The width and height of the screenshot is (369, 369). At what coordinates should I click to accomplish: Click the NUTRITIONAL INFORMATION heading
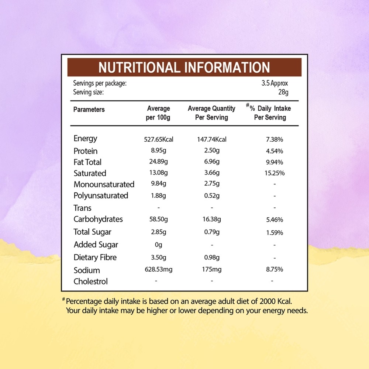[184, 67]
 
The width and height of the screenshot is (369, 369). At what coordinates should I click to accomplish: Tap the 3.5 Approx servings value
[275, 83]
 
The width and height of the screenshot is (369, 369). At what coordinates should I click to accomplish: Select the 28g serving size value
[283, 92]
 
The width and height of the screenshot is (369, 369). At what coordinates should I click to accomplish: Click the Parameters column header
[89, 110]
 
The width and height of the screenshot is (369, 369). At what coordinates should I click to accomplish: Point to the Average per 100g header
[158, 113]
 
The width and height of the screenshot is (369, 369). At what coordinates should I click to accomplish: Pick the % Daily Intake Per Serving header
[269, 112]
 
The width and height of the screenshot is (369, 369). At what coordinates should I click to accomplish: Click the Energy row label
[85, 139]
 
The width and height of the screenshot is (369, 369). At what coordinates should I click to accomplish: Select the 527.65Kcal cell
[159, 139]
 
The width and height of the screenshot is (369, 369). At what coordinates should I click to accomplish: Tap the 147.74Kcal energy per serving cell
[212, 139]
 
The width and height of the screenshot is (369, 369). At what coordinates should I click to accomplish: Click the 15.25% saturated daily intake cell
[275, 173]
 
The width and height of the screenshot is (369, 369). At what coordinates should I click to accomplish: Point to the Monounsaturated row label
[104, 184]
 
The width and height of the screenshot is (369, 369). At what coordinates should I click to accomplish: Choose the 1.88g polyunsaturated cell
[158, 196]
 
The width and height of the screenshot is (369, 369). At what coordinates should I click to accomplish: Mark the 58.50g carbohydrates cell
[159, 219]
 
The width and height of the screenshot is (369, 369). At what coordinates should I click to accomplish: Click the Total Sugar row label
[92, 232]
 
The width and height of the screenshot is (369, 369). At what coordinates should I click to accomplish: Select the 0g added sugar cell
[159, 245]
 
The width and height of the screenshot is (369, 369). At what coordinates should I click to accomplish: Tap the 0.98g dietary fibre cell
[212, 258]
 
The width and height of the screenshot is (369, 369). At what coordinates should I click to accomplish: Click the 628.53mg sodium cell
[159, 269]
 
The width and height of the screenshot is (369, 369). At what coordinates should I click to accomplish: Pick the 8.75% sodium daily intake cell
[275, 269]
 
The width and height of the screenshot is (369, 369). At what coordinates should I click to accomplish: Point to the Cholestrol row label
[91, 282]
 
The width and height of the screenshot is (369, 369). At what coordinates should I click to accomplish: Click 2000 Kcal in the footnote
[276, 301]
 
